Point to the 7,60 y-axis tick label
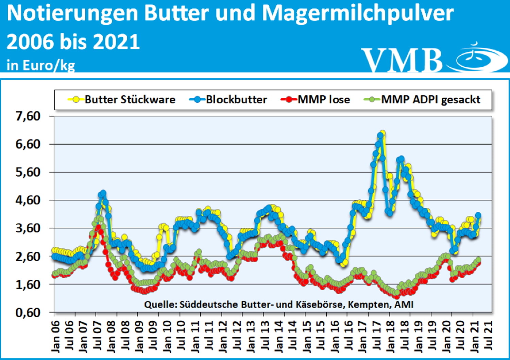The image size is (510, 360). click(28, 116)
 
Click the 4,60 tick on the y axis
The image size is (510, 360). click(28, 200)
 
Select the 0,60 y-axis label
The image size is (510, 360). click(28, 312)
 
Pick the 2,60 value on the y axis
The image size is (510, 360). click(28, 256)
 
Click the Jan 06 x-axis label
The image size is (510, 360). click(55, 336)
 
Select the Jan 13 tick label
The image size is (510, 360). click(251, 336)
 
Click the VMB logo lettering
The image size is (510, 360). click(401, 60)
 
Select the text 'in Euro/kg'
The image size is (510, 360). click(41, 65)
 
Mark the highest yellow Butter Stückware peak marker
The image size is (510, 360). click(382, 133)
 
